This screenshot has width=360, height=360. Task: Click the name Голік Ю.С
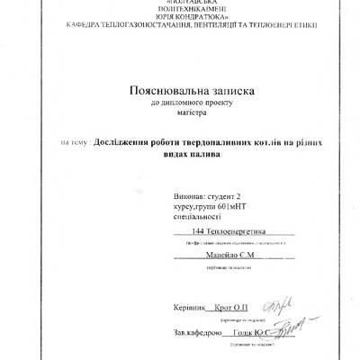[x=253, y=333]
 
